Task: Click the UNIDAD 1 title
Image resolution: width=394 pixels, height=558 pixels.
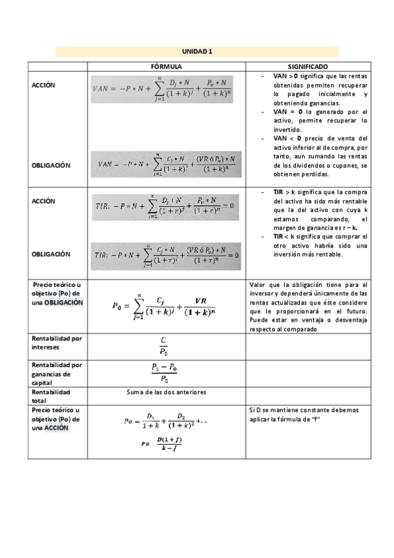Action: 197,51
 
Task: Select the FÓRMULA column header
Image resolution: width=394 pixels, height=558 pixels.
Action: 166,67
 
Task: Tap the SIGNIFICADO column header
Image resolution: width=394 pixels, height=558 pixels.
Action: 308,67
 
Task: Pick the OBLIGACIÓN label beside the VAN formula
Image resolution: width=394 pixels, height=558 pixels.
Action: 51,165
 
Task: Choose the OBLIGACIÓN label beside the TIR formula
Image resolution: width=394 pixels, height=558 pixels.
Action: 51,253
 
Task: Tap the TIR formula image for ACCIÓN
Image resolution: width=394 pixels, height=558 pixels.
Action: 167,205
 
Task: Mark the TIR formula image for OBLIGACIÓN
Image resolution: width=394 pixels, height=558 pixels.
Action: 167,254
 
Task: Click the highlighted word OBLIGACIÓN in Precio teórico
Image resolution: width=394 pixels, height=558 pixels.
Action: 64,302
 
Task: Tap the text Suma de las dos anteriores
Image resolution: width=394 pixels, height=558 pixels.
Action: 166,392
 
